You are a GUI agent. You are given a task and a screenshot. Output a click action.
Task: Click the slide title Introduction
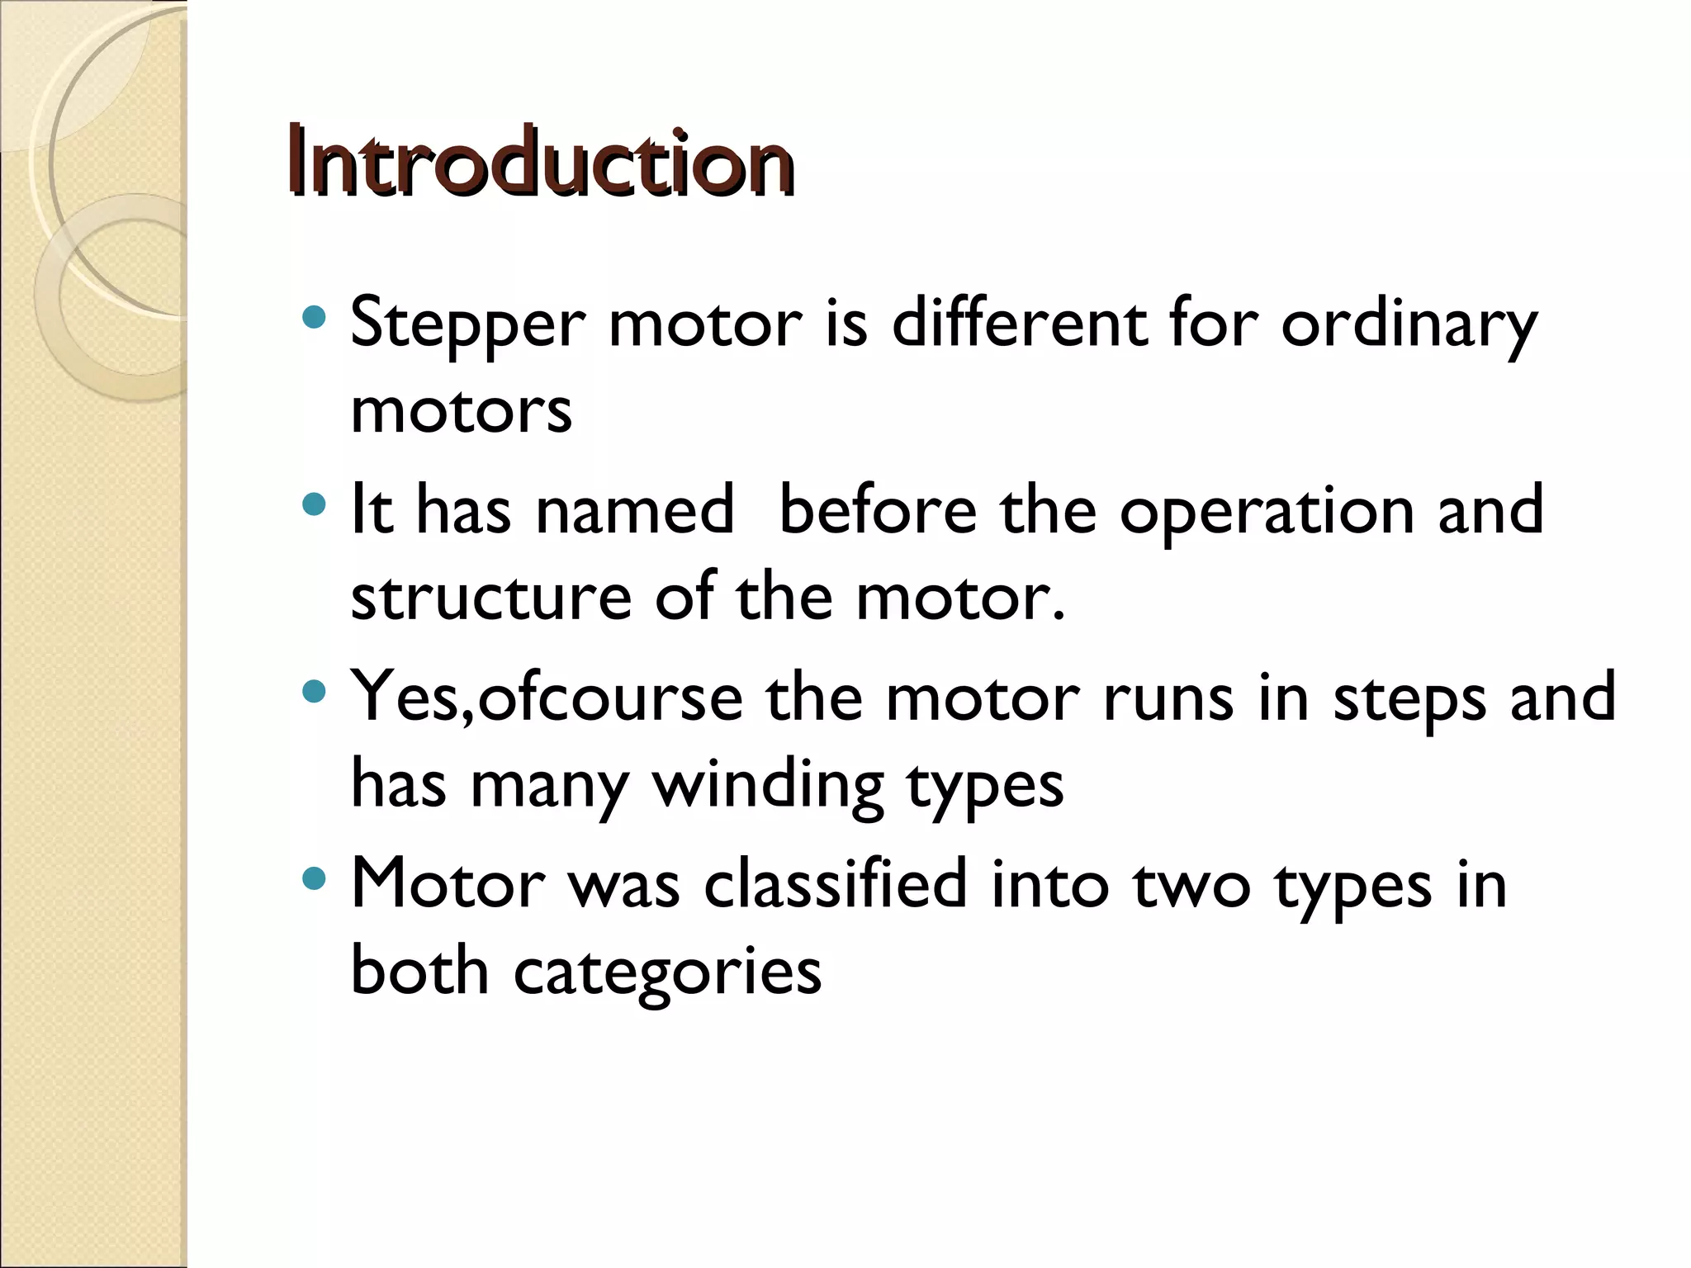click(x=541, y=162)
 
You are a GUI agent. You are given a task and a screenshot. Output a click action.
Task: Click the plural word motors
click(x=461, y=410)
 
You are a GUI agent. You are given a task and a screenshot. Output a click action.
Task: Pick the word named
click(x=634, y=509)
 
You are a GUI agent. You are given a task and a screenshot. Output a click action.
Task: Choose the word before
click(x=878, y=509)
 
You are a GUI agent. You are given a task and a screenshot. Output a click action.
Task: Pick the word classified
click(x=835, y=883)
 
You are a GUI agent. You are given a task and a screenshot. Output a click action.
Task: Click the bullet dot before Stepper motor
click(x=315, y=317)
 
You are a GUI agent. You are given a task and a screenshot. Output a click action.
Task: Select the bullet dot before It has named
click(x=315, y=504)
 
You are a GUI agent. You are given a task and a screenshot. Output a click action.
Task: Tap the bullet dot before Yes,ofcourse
click(x=315, y=691)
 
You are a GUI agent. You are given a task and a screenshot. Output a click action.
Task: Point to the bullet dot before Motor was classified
click(x=315, y=878)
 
